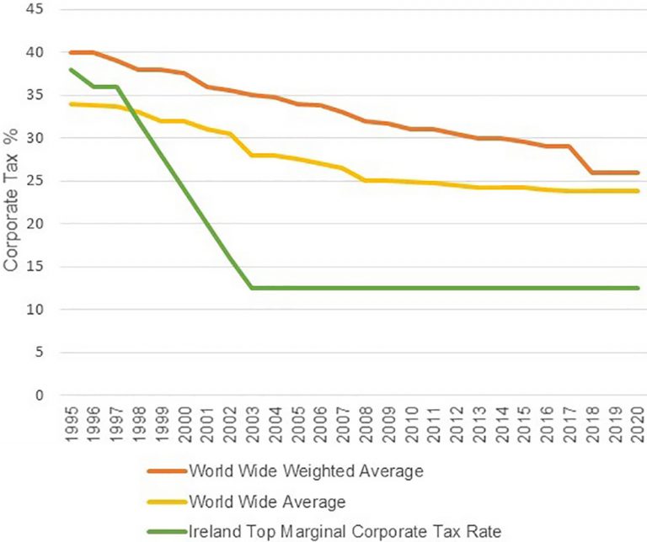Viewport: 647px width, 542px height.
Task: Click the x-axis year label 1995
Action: (x=71, y=425)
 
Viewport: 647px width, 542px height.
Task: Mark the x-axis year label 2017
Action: (x=571, y=425)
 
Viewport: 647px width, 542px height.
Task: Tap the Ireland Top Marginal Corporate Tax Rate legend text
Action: (x=332, y=532)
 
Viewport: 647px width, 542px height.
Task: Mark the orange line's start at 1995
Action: (x=71, y=52)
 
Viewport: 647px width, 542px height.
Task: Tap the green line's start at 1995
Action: (x=71, y=69)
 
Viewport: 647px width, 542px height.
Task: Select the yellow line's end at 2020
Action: (x=639, y=191)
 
